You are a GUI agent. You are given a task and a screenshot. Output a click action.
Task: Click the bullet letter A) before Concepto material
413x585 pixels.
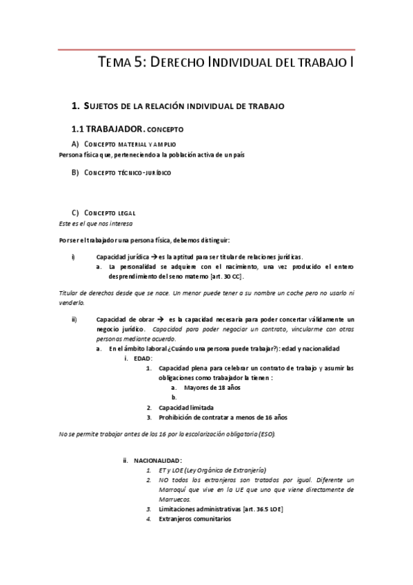[x=75, y=143]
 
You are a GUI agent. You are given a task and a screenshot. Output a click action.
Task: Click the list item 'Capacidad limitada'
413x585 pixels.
[x=186, y=408]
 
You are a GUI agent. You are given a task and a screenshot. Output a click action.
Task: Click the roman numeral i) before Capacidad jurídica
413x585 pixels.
[x=73, y=257]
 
